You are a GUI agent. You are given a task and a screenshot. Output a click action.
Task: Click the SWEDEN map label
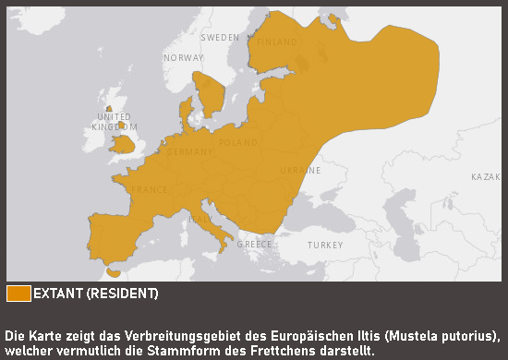click(220, 38)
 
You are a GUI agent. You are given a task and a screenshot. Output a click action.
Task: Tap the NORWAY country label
click(183, 58)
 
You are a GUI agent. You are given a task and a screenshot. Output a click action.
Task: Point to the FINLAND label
click(277, 42)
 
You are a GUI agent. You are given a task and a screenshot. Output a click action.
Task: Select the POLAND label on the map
click(238, 143)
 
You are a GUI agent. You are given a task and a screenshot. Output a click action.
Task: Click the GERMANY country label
click(190, 151)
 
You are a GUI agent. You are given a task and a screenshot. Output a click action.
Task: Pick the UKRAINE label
click(301, 171)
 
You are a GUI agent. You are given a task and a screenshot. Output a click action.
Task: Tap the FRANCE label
click(150, 190)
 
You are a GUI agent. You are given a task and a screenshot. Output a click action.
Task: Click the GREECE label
click(255, 245)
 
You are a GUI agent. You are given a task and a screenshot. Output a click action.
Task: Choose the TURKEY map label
click(325, 246)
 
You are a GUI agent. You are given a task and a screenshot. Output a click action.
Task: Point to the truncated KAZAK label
click(488, 176)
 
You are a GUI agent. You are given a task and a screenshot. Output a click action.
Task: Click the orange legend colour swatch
click(18, 294)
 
